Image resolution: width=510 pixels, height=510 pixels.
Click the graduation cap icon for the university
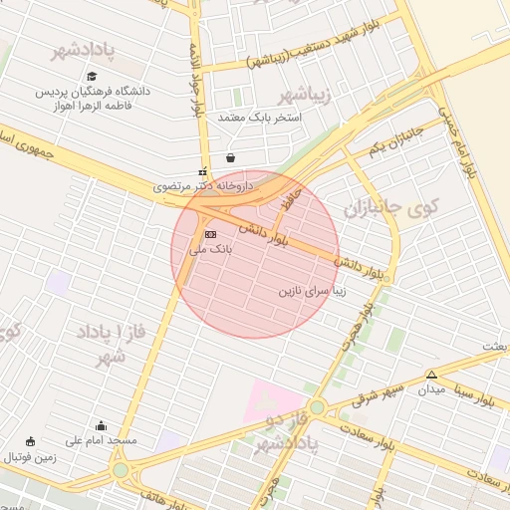92,76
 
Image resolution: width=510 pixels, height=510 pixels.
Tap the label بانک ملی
210,250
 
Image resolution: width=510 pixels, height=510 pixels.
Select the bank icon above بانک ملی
210,235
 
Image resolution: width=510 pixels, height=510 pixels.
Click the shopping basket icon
231,156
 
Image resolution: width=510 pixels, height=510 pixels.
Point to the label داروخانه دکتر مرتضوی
203,185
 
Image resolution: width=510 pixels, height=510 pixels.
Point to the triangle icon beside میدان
431,375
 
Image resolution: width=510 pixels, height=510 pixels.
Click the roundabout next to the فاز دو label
317,407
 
